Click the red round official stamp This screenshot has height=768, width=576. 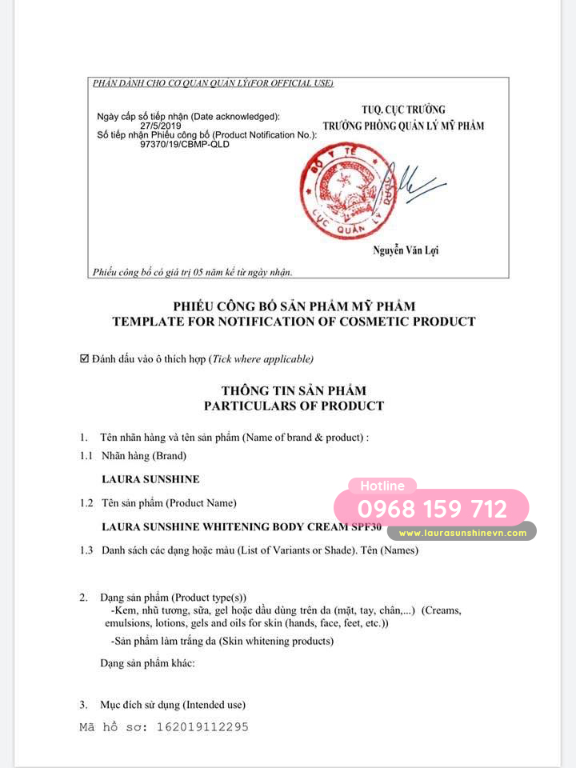point(348,190)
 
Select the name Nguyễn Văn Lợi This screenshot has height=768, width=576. point(406,250)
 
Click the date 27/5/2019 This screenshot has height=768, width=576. point(161,126)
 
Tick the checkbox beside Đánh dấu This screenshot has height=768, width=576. point(85,359)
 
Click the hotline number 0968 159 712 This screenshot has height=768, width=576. point(432,509)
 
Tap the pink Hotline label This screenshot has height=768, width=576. point(382,486)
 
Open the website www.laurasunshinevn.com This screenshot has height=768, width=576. point(462,533)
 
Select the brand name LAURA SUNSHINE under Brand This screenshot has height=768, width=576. point(150,479)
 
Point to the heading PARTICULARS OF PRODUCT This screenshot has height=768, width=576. point(294,406)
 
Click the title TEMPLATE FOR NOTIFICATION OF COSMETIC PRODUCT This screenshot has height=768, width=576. point(294,322)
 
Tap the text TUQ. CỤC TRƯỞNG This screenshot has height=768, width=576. point(403,110)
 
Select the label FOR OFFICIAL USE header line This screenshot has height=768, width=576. point(213,83)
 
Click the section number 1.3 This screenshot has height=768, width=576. point(86,550)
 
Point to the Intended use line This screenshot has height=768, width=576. point(172,705)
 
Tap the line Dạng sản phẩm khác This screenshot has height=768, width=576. point(147,663)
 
